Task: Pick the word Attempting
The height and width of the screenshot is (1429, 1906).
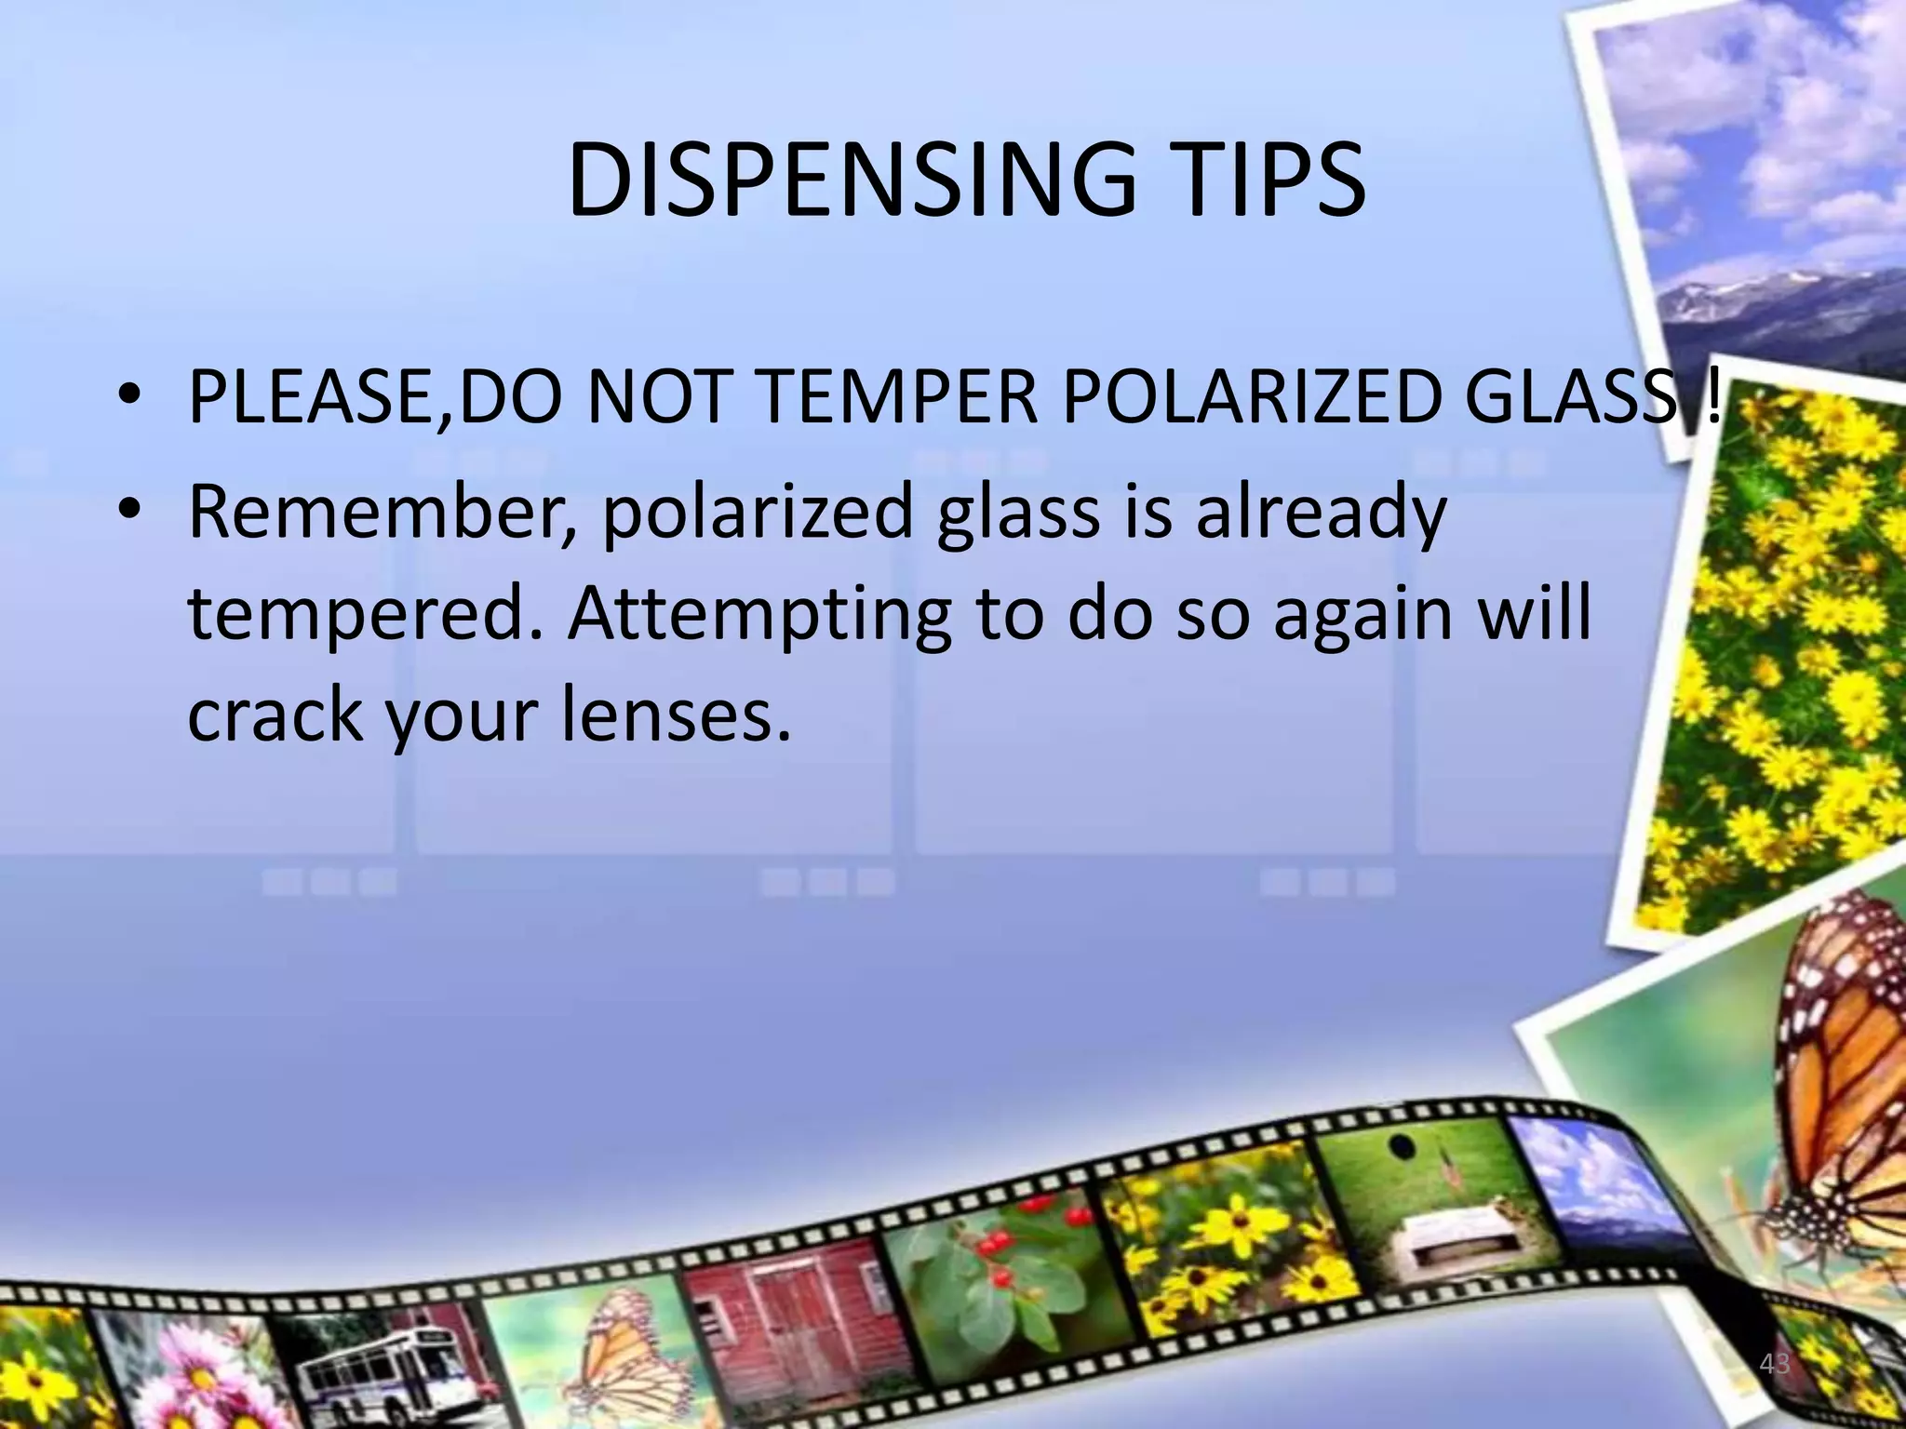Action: (759, 615)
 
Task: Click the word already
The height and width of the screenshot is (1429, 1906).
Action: (1321, 514)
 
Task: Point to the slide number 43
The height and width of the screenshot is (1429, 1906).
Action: (1775, 1364)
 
